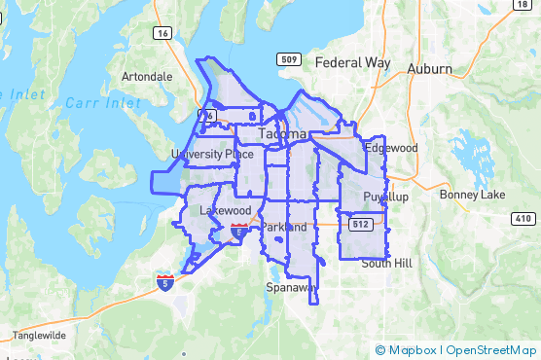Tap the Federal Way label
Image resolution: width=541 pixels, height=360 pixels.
pos(353,62)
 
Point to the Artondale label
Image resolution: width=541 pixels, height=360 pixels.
pos(147,76)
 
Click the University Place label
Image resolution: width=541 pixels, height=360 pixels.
pos(204,154)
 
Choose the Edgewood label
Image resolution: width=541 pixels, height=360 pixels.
pos(390,148)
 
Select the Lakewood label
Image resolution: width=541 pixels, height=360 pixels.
pos(225,210)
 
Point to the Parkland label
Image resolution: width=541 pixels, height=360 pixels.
pos(284,228)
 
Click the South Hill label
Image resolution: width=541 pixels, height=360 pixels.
pos(387,264)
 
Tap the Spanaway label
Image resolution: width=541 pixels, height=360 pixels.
pos(292,288)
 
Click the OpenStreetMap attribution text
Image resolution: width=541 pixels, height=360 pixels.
pos(491,350)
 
